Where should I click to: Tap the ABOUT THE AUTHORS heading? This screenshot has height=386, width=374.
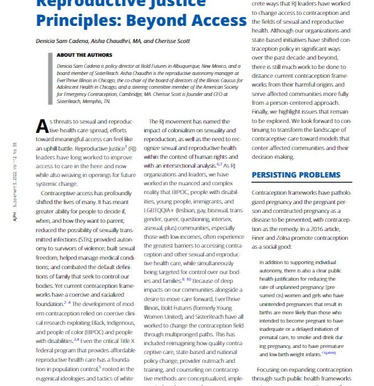click(x=84, y=55)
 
